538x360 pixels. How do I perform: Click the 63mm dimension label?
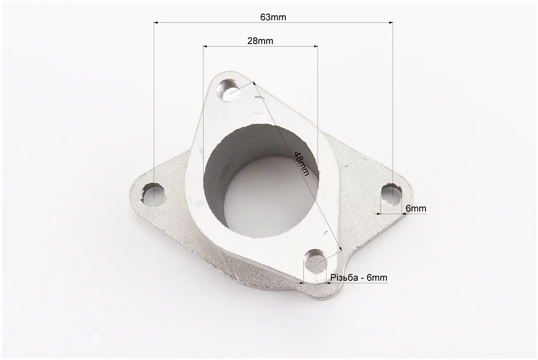[273, 17]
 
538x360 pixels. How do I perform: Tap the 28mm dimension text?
[260, 41]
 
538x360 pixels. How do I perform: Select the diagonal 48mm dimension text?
[302, 164]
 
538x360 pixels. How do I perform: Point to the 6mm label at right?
[416, 208]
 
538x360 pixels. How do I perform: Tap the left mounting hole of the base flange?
[154, 194]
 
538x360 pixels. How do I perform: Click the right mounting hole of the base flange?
[392, 194]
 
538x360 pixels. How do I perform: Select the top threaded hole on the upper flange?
[229, 90]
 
